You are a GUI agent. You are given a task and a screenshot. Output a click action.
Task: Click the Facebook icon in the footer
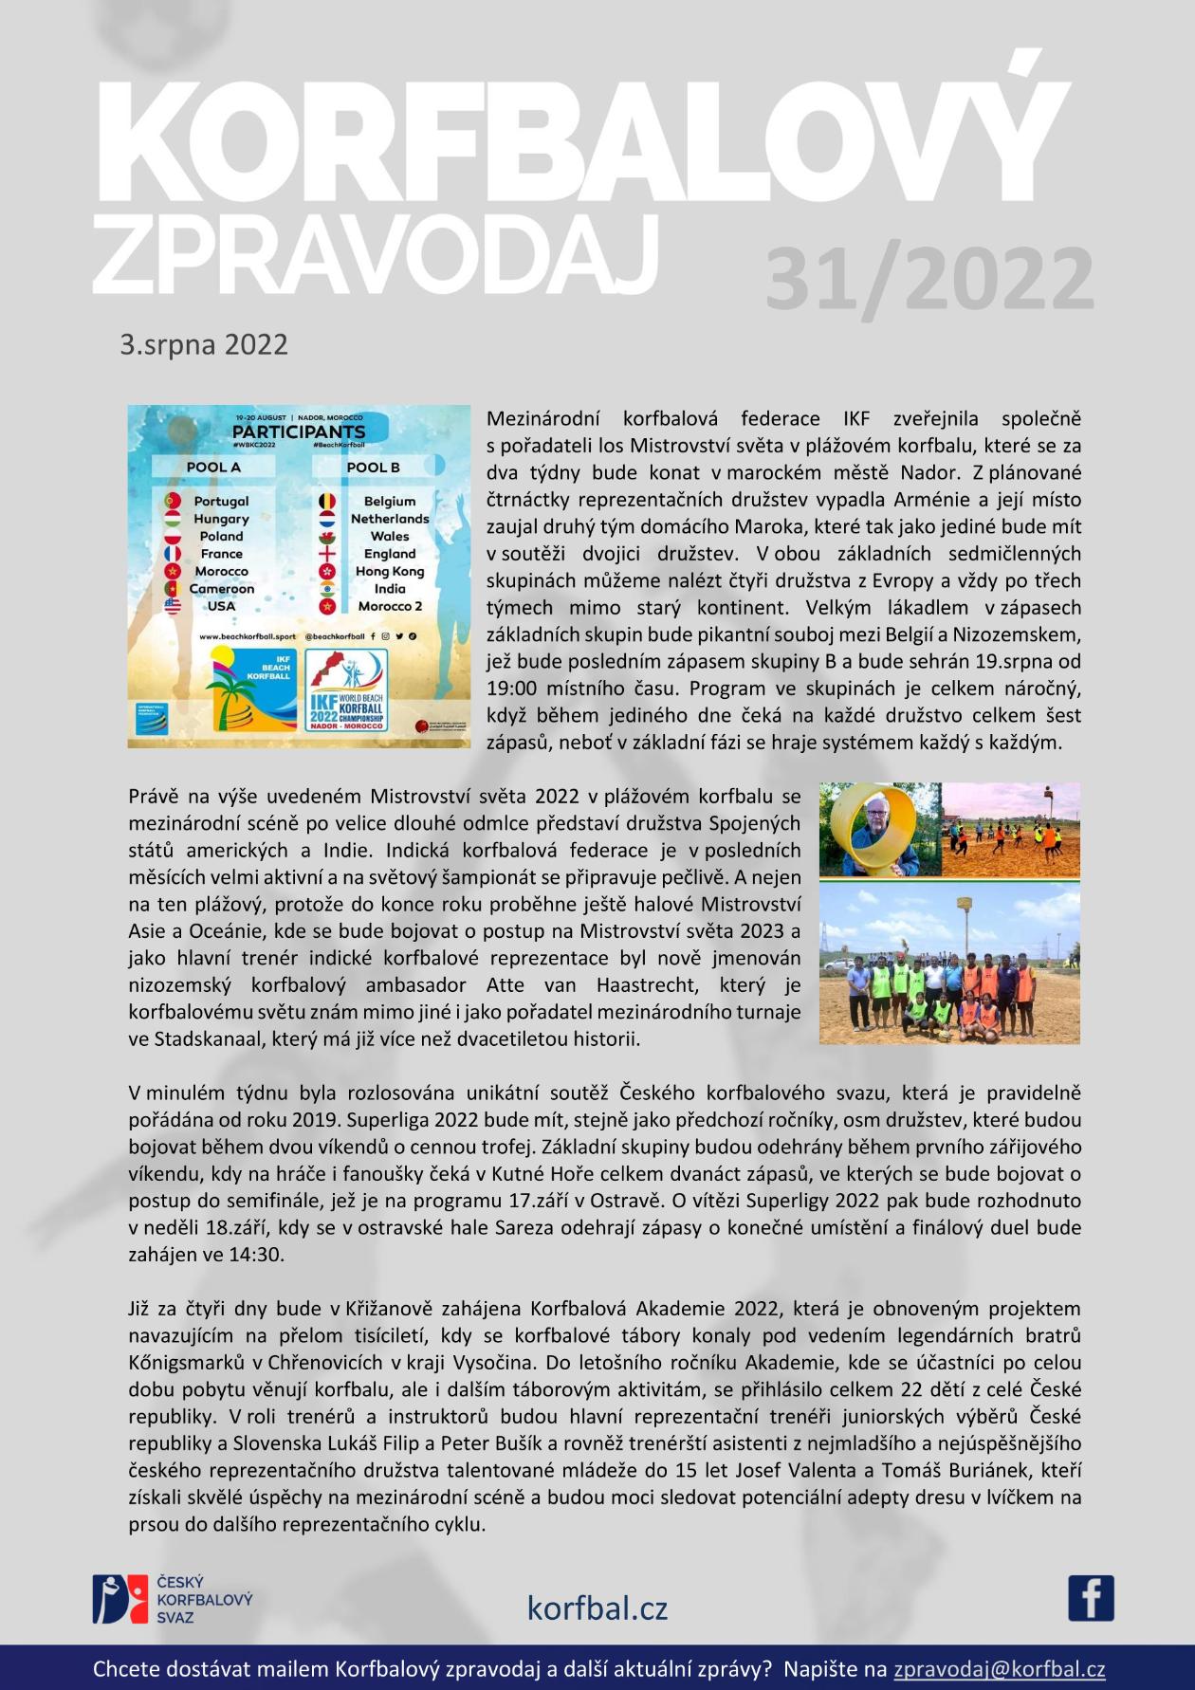point(1091,1598)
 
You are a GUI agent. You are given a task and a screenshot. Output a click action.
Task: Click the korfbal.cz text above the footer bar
point(597,1607)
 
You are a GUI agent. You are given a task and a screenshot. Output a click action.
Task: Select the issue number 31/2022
point(928,280)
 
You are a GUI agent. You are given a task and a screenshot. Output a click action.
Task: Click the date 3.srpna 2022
point(203,344)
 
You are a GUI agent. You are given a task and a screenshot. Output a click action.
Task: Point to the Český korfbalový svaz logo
point(171,1598)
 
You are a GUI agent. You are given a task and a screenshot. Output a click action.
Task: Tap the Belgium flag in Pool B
point(327,501)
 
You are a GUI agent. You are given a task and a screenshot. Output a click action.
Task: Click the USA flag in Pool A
point(173,606)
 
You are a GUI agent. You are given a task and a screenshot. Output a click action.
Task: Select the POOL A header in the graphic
point(213,467)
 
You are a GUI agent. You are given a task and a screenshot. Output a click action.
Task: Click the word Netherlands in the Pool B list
point(390,519)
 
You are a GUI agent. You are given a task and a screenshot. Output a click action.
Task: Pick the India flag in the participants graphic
point(327,589)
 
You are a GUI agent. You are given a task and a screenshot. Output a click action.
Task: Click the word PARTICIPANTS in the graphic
point(299,432)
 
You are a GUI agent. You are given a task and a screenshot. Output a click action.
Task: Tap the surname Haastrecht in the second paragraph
point(644,984)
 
